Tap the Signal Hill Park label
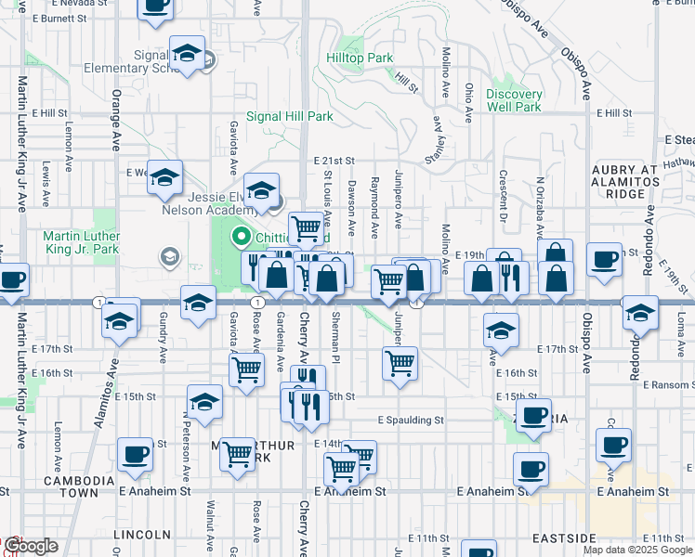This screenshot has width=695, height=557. (289, 117)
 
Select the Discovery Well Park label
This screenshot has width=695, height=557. (514, 100)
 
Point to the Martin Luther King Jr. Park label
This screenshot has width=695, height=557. (81, 242)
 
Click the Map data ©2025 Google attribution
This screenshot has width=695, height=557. (637, 550)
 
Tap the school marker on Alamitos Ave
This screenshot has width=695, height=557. (120, 322)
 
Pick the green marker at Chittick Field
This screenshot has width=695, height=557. (244, 238)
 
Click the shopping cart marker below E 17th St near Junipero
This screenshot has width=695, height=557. (400, 364)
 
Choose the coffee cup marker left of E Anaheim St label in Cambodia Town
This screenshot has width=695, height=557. (136, 455)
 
